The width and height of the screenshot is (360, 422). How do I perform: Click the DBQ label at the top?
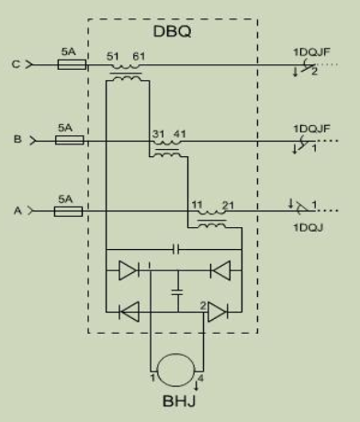coord(172,31)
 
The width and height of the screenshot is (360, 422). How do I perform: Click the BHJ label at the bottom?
coord(179,401)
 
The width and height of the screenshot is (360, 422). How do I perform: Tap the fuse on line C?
coord(72,64)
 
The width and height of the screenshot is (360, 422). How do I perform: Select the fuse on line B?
coord(70,140)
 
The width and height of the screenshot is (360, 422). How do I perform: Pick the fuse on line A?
coord(68,211)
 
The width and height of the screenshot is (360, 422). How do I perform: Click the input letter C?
coord(16,64)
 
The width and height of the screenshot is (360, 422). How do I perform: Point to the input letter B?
coord(17,139)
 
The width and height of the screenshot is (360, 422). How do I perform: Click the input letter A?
coord(17,211)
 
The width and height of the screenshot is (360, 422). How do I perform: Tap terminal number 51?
coord(112,56)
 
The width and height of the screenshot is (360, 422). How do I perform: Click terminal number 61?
coord(139,56)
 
